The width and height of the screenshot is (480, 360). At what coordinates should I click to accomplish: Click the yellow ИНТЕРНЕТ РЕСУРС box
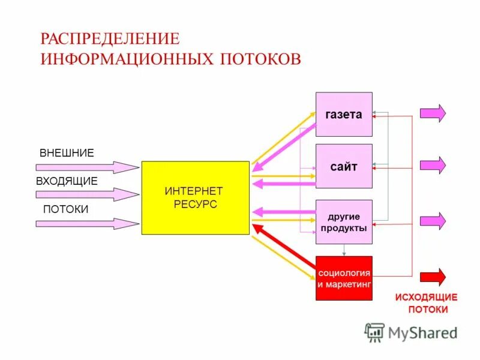coord(195,197)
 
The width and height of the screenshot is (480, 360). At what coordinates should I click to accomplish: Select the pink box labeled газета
coord(344,115)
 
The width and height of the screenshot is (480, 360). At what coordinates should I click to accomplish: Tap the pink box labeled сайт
coord(344,166)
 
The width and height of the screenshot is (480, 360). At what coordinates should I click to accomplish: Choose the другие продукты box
coord(344,221)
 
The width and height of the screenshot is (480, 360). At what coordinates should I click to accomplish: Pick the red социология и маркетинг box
coord(344,278)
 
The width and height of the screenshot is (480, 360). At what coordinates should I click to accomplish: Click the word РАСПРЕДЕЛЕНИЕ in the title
coord(110,38)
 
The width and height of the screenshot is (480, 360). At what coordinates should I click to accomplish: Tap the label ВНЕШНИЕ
coord(67,153)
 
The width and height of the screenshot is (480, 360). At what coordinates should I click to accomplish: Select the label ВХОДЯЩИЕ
coord(67,181)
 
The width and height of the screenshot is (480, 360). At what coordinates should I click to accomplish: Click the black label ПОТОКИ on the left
coord(65,209)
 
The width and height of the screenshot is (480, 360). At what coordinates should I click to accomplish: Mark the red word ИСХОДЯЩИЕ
coord(426,298)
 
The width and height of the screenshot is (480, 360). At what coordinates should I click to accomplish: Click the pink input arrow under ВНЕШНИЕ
coord(87,167)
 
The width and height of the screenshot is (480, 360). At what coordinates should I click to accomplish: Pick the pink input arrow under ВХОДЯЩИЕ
coord(87,195)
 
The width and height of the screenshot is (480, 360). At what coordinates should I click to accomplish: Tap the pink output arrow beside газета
coord(433,113)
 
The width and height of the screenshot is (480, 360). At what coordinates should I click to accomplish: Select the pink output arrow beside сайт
coord(433,165)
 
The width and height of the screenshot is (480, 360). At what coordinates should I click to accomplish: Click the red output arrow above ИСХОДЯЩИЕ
coord(433,277)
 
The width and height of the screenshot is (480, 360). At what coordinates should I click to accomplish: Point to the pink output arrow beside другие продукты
coord(433,220)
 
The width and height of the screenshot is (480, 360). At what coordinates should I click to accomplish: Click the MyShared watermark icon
coord(375,332)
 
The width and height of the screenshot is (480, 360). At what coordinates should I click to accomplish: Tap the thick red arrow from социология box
coord(285,251)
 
